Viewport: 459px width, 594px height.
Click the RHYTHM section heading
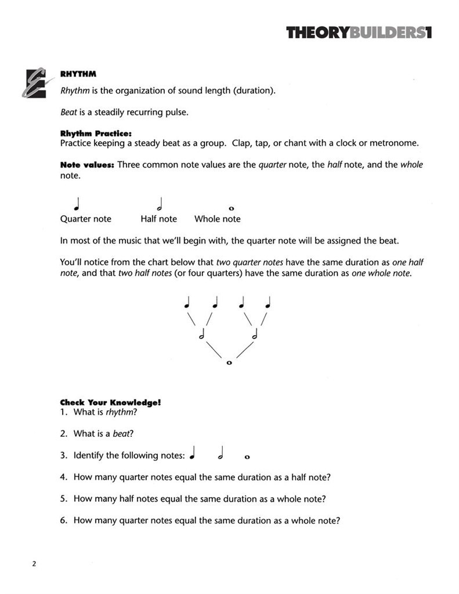[x=78, y=74]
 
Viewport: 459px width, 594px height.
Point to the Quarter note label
[x=85, y=219]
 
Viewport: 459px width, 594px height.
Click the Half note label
[x=158, y=219]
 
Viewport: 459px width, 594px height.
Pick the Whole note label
[x=217, y=219]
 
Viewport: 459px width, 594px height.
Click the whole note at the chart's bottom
[x=229, y=363]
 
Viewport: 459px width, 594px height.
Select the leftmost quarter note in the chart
[x=187, y=303]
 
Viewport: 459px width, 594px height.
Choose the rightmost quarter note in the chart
[x=268, y=303]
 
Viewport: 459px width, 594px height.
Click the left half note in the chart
[x=202, y=335]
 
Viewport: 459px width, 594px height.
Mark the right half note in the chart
[x=255, y=335]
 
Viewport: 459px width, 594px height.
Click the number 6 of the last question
[x=63, y=520]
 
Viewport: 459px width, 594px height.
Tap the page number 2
[x=34, y=564]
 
